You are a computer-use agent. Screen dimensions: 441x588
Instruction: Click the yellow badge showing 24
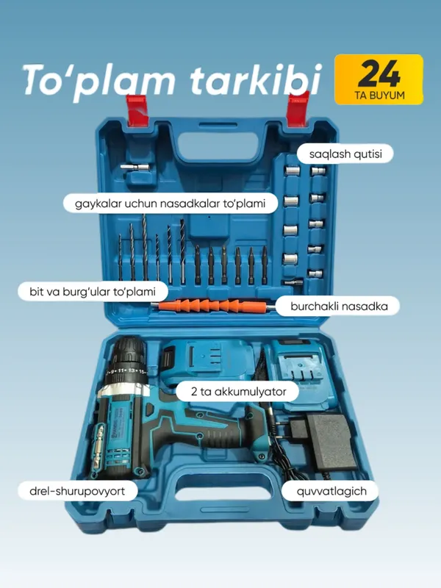point(379,79)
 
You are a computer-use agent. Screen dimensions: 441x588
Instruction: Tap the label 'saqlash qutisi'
point(345,154)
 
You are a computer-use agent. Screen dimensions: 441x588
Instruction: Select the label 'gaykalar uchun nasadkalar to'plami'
point(171,204)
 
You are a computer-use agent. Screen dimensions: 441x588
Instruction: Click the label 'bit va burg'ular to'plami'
point(93,291)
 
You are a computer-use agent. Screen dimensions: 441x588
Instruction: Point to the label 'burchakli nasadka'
point(339,306)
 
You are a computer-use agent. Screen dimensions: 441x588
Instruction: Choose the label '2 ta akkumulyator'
point(238,392)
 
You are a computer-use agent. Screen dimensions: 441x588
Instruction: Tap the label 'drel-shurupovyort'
point(77,491)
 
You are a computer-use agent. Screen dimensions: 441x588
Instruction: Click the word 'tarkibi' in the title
point(256,79)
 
